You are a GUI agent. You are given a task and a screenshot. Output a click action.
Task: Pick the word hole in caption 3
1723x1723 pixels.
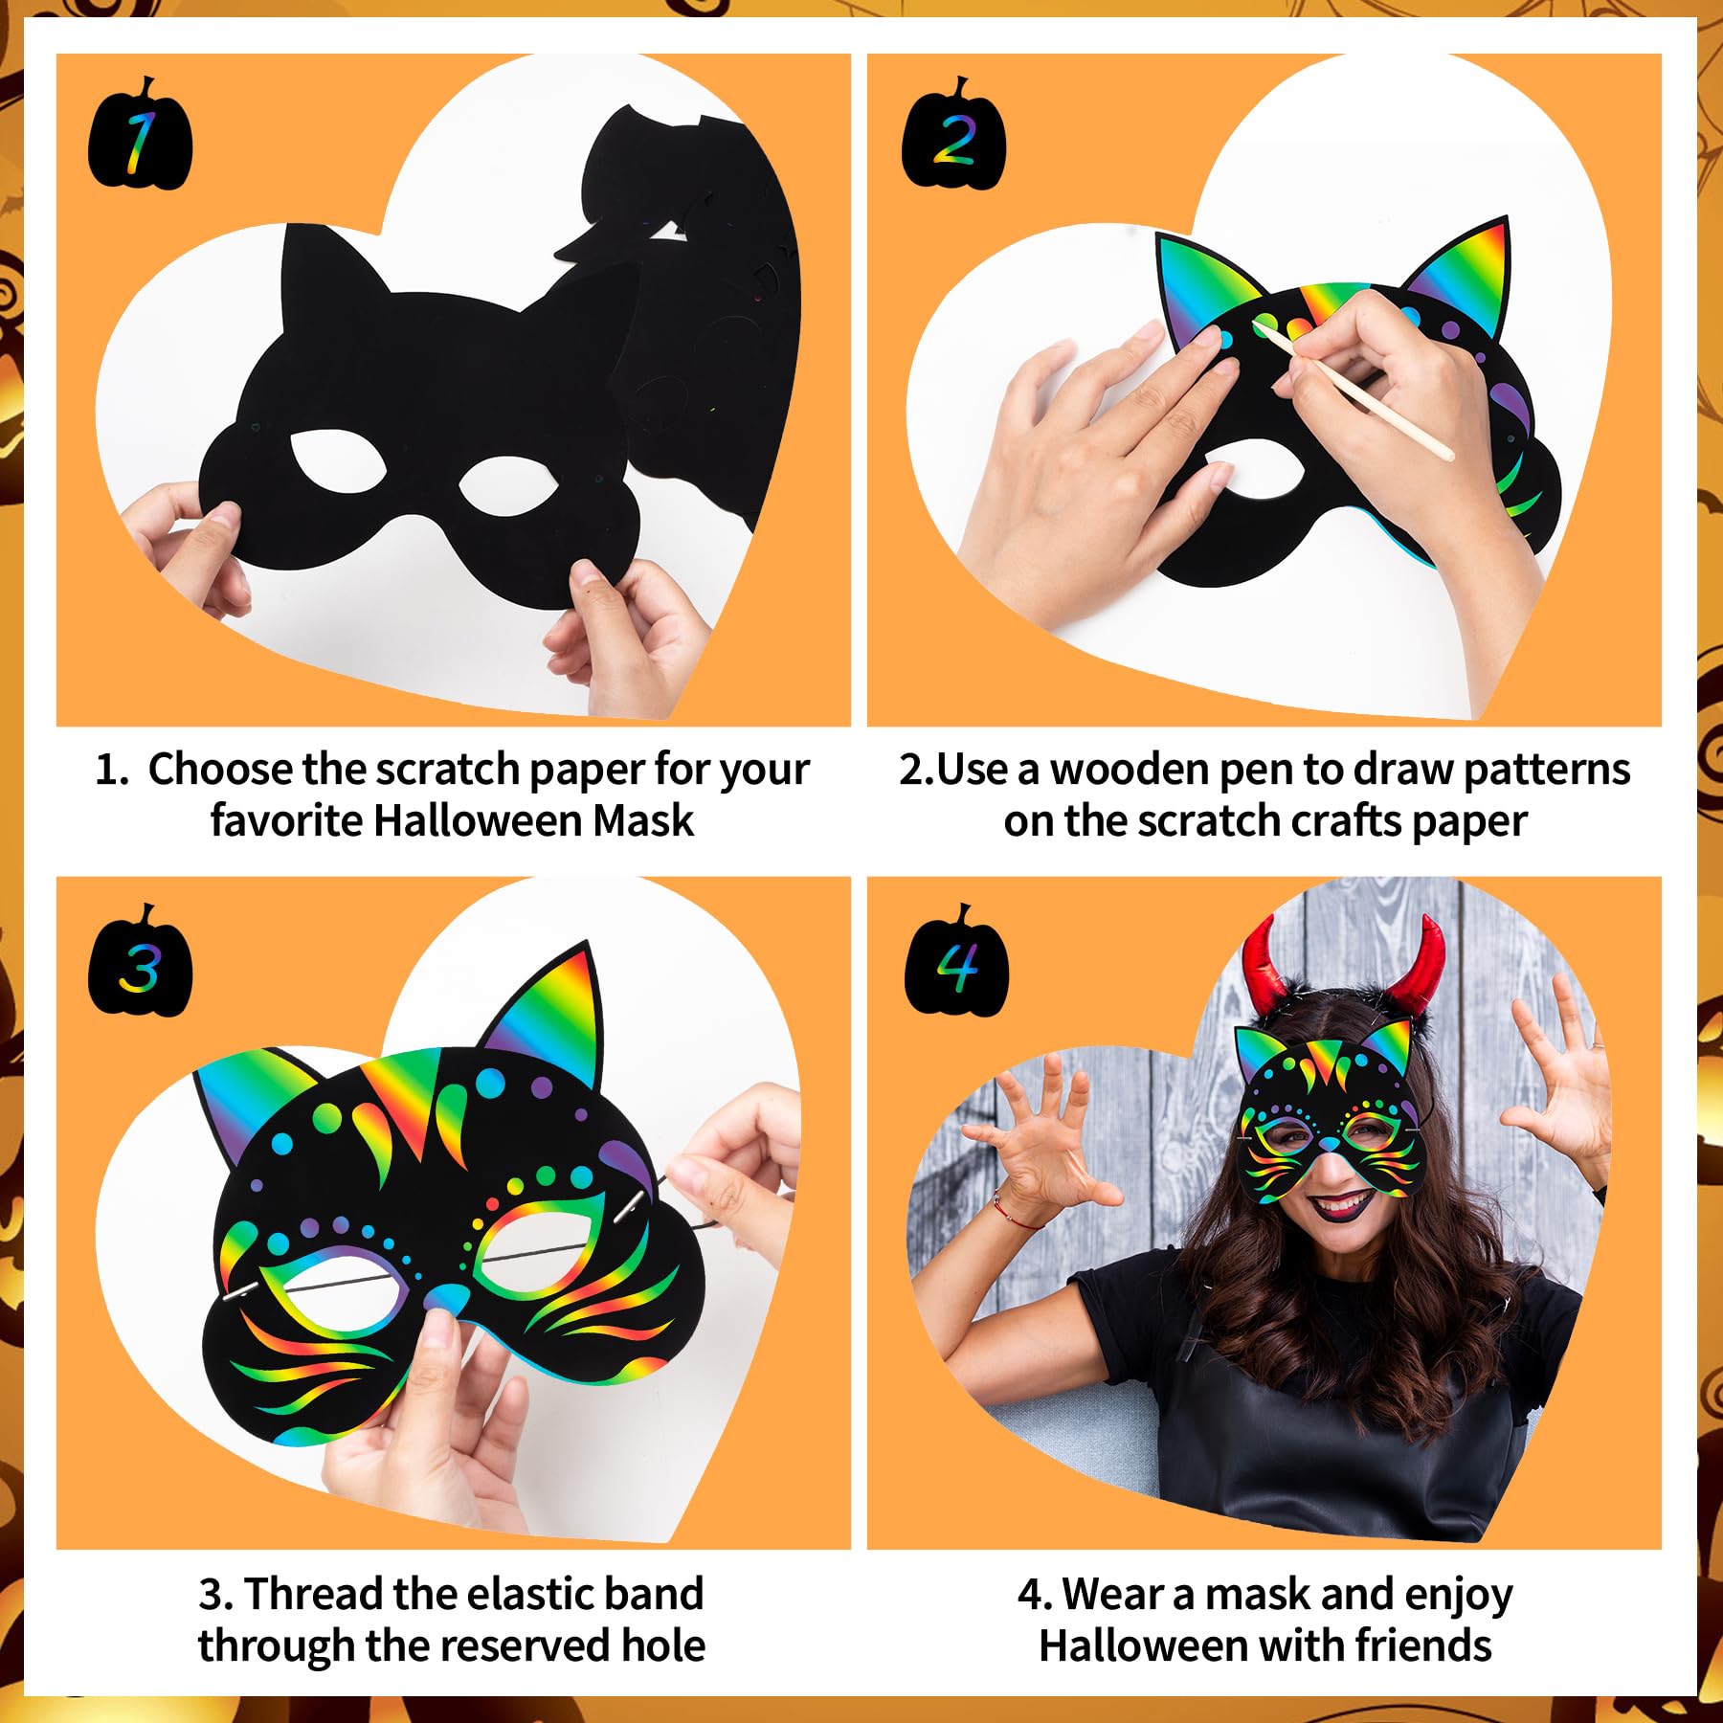point(663,1645)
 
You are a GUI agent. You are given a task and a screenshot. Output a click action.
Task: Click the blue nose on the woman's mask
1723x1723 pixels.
point(1329,1144)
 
